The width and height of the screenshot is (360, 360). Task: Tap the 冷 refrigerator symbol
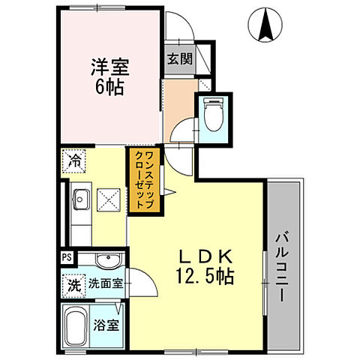point(75,160)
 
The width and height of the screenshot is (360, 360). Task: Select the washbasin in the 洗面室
point(105,260)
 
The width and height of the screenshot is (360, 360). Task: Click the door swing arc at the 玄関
point(181,30)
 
